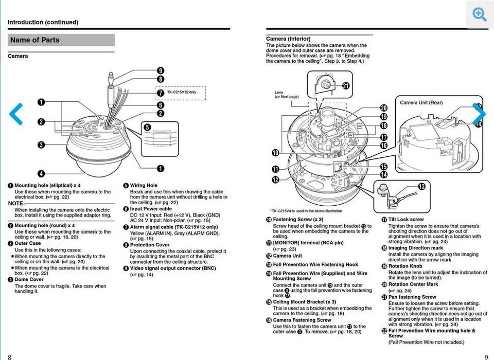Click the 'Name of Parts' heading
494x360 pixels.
pyautogui.click(x=35, y=40)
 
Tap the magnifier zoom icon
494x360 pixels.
pyautogui.click(x=480, y=15)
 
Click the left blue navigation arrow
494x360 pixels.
pyautogui.click(x=16, y=114)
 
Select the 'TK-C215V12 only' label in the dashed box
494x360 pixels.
pyautogui.click(x=181, y=93)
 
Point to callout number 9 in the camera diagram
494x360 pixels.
pyautogui.click(x=161, y=71)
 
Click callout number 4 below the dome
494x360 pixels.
pyautogui.click(x=41, y=174)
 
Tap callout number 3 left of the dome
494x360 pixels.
pyautogui.click(x=41, y=145)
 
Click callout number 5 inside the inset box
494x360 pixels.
pyautogui.click(x=147, y=128)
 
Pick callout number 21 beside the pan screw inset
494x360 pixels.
pyautogui.click(x=346, y=86)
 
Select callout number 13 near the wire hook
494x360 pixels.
pyautogui.click(x=422, y=186)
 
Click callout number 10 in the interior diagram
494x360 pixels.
pyautogui.click(x=276, y=153)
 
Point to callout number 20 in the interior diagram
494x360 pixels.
pyautogui.click(x=383, y=108)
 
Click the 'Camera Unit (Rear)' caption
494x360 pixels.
pyautogui.click(x=421, y=103)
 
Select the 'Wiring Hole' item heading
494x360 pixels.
pyautogui.click(x=144, y=186)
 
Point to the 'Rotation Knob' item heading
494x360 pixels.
pyautogui.click(x=405, y=266)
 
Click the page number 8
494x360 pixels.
pyautogui.click(x=10, y=356)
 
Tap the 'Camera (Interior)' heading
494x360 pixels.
pyautogui.click(x=288, y=39)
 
